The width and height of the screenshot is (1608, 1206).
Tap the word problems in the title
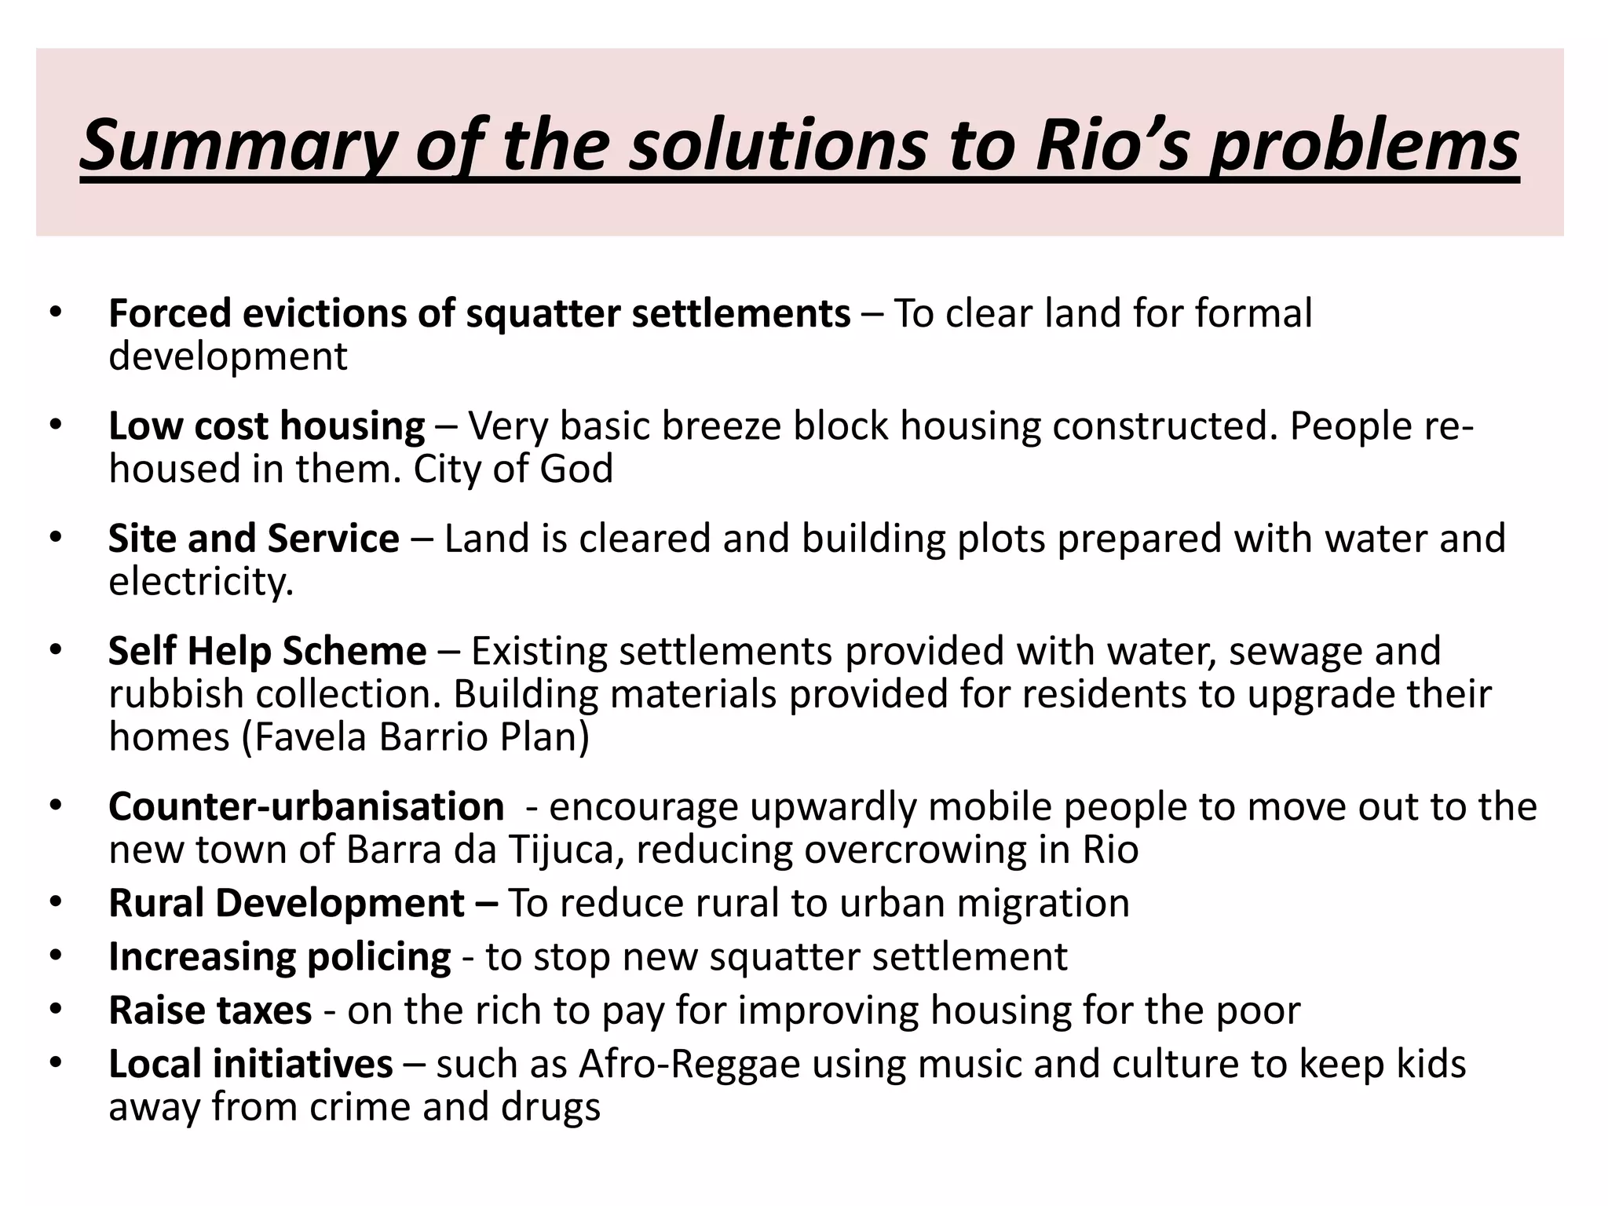[1363, 144]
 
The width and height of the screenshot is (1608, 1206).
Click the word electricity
[201, 582]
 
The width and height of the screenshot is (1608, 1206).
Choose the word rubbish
[177, 694]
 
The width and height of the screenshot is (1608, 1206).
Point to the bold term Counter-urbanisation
[306, 806]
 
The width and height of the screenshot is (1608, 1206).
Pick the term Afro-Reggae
[690, 1064]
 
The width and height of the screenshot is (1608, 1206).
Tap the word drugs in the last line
[557, 1107]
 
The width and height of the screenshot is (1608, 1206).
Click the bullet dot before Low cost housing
[54, 425]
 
